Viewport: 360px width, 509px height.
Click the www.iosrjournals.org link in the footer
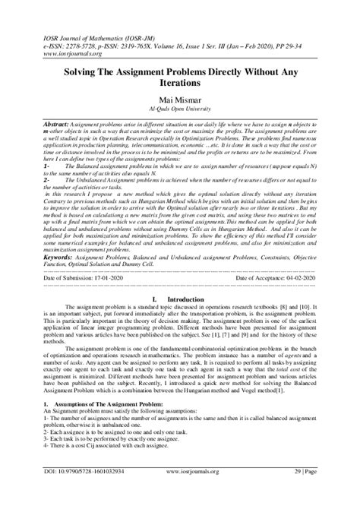pyautogui.click(x=179, y=492)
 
